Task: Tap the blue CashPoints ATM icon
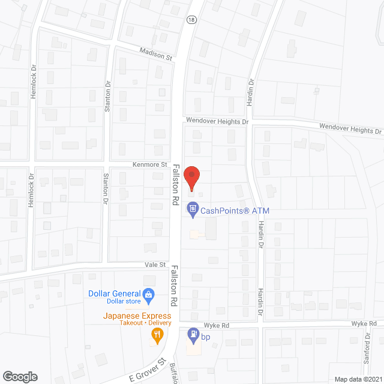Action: coord(193,209)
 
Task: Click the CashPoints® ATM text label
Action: coord(230,210)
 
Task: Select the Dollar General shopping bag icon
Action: coord(149,295)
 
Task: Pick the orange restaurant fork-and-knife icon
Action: coord(157,336)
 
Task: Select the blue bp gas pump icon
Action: coord(193,334)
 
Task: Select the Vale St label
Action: coord(154,264)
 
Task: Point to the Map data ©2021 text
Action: coord(358,379)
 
